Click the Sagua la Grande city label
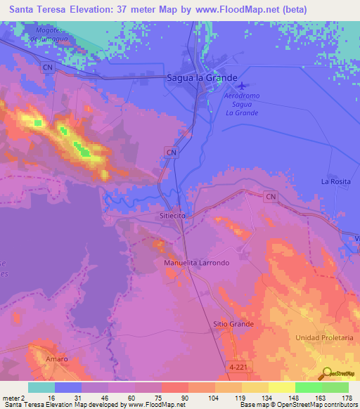(x=202, y=78)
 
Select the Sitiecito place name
(x=172, y=216)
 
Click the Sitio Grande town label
(x=233, y=324)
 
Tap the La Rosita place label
(x=335, y=181)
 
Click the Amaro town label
(x=57, y=359)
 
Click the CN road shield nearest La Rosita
(x=271, y=198)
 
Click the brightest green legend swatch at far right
(x=335, y=387)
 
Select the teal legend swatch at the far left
(x=41, y=387)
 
